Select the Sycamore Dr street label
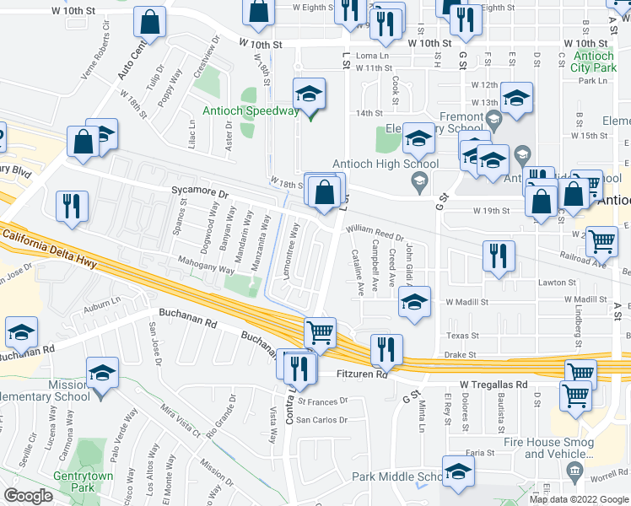200,192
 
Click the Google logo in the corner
28,496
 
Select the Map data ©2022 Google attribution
578,499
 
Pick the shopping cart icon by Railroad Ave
601,241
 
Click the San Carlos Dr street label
321,420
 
